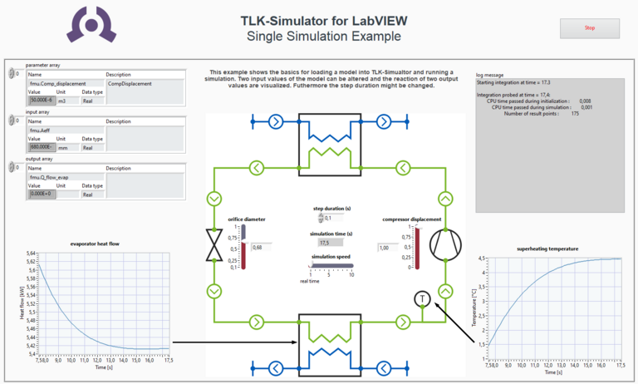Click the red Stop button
click(590, 28)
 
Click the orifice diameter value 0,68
click(261, 247)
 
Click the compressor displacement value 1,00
click(386, 247)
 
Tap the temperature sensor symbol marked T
click(421, 298)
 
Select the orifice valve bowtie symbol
click(215, 245)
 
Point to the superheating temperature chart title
click(547, 249)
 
